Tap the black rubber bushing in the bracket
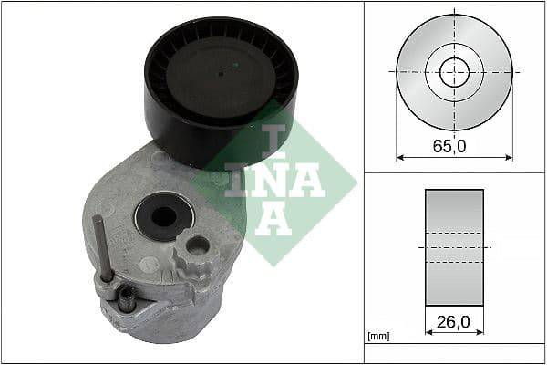(161, 218)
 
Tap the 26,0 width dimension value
(454, 322)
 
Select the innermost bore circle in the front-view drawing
(454, 71)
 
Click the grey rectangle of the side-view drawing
(454, 247)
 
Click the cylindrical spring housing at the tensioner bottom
(173, 315)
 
